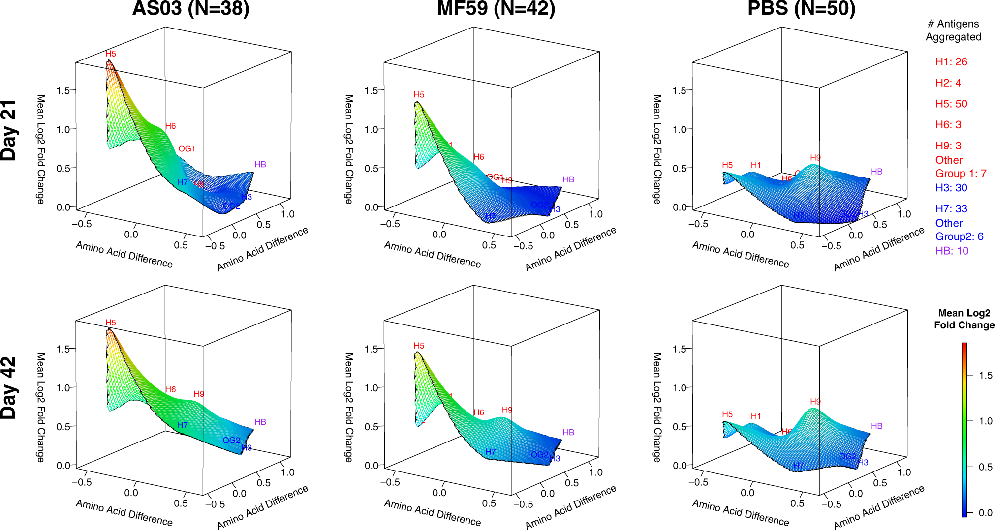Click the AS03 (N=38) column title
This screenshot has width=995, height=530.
point(191,9)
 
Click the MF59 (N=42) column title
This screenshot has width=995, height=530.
point(496,9)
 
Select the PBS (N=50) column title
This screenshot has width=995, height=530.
point(801,9)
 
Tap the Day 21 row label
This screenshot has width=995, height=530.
point(9,131)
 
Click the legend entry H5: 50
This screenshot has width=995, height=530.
point(951,104)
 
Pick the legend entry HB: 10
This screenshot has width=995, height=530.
point(952,251)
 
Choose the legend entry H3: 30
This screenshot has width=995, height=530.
point(951,188)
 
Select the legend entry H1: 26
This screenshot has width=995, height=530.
point(951,62)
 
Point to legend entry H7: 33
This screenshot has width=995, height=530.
point(951,209)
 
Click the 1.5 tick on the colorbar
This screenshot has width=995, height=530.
point(985,376)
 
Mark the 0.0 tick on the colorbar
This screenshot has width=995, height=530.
point(985,513)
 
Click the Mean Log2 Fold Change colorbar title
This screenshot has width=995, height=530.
point(964,319)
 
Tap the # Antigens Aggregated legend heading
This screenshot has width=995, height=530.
point(953,30)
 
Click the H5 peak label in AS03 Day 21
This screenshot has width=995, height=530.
point(111,54)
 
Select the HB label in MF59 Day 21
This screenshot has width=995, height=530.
point(568,180)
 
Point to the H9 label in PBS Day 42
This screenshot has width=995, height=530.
point(815,402)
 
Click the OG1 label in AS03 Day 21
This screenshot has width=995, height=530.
point(187,149)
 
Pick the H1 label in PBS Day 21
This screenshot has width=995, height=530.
point(756,165)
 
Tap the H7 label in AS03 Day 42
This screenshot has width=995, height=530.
point(182,425)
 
